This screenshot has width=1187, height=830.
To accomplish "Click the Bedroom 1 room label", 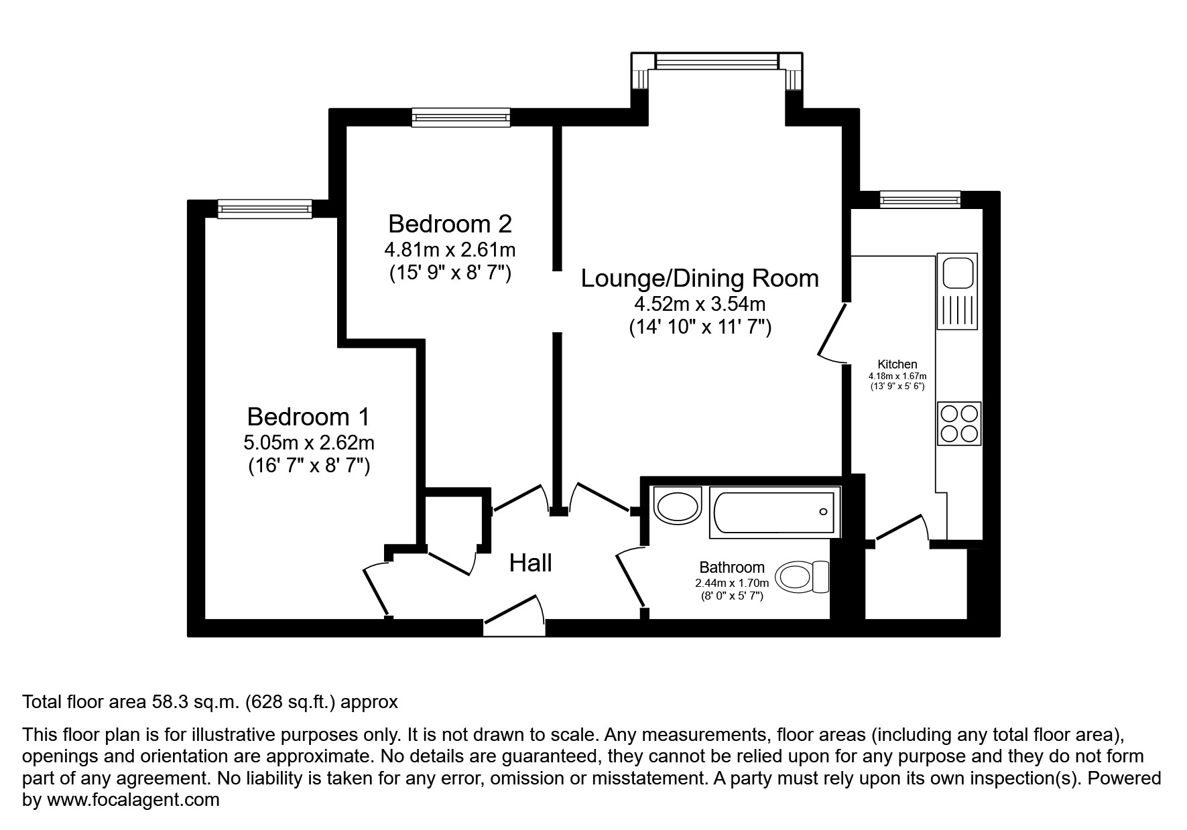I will [x=308, y=417].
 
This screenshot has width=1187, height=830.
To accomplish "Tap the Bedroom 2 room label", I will [x=450, y=223].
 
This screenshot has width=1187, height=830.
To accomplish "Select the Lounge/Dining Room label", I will [x=699, y=278].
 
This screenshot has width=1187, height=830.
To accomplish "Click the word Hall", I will [x=530, y=563].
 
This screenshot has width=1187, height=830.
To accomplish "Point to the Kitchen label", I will [x=897, y=364].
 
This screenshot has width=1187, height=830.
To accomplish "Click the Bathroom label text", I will [x=731, y=567].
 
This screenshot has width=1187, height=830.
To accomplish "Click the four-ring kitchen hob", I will [x=959, y=423].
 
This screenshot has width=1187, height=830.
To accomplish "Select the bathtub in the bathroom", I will [x=773, y=513].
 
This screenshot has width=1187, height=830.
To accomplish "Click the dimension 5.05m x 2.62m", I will [x=309, y=443].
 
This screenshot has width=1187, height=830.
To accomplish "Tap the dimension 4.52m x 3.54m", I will [x=699, y=304].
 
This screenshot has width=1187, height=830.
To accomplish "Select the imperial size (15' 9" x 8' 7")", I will [x=450, y=273].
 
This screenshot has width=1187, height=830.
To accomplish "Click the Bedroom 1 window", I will [x=265, y=209].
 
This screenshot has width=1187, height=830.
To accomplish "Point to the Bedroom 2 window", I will [x=461, y=118].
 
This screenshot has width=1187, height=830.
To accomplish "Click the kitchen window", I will [x=920, y=199].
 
